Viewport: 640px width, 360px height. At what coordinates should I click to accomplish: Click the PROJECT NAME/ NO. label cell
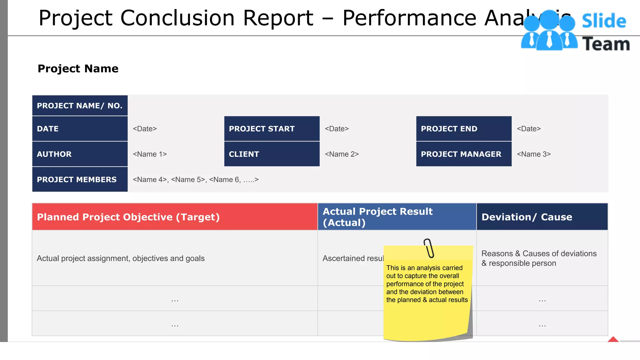pos(80,106)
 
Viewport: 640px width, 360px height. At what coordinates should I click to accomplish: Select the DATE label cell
pos(80,129)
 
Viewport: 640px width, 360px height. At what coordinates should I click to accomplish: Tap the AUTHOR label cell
pos(80,154)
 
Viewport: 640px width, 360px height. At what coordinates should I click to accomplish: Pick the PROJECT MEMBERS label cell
pos(80,179)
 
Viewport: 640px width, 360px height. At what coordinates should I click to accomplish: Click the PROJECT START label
pos(272,129)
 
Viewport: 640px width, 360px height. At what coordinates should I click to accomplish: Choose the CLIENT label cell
pos(272,154)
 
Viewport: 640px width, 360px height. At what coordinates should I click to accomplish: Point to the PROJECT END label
pos(464,129)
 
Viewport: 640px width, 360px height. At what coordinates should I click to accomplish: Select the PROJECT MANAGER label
pos(464,154)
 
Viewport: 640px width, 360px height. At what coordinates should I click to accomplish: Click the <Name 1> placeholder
pos(150,154)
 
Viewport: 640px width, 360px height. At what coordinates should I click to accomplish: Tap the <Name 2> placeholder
pos(342,154)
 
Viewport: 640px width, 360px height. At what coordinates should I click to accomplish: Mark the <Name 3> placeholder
pos(534,154)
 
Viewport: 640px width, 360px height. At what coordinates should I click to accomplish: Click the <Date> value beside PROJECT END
pos(529,129)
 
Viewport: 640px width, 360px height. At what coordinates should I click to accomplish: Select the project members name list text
pos(196,180)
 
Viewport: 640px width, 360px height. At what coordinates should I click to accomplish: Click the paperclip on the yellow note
pos(429,248)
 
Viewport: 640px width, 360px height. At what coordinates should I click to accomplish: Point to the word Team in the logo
pos(606,44)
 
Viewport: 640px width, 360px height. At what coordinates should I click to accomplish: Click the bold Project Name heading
pos(78,68)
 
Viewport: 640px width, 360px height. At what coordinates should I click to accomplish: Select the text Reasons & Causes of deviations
pos(539,253)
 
